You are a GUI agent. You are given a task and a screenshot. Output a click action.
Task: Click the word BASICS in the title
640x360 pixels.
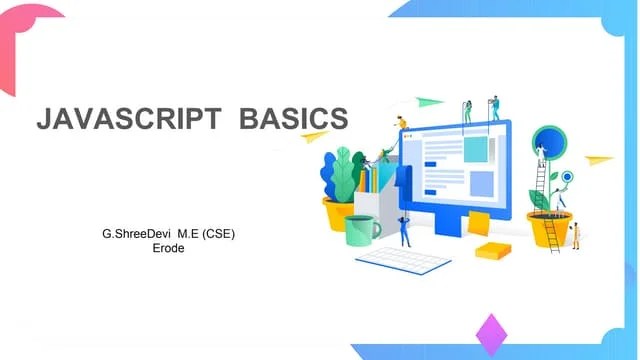tap(294, 118)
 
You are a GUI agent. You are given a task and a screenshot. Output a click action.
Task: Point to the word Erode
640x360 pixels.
tap(165, 248)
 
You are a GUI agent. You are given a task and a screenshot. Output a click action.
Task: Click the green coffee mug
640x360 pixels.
tap(361, 230)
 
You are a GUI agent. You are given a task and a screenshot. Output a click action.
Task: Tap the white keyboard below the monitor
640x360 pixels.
tap(404, 258)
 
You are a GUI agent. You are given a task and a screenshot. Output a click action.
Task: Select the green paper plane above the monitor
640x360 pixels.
tap(429, 101)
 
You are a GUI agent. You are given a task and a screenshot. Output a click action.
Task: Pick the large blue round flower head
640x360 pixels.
tap(549, 141)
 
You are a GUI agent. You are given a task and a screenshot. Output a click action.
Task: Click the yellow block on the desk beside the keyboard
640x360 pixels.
tap(493, 249)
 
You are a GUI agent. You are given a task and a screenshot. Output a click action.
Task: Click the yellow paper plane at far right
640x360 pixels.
tap(598, 159)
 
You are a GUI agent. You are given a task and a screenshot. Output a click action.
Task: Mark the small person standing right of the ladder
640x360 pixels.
tap(576, 236)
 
